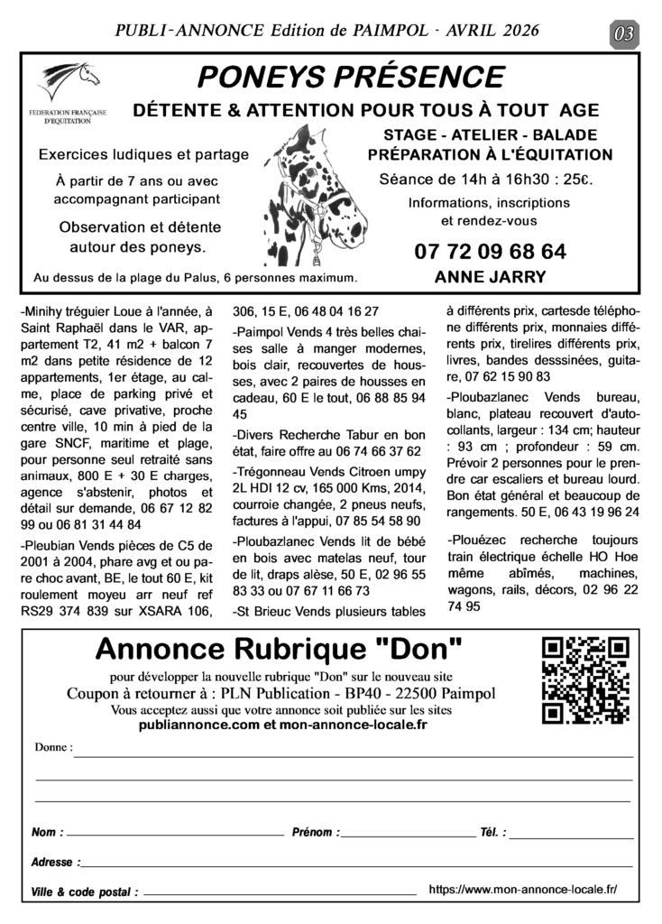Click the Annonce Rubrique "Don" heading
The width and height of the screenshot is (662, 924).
[x=279, y=648]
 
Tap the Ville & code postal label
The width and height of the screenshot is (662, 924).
[x=84, y=892]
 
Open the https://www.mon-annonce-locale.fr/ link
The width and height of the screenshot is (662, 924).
[x=523, y=889]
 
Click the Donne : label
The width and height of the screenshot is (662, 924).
[x=53, y=749]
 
